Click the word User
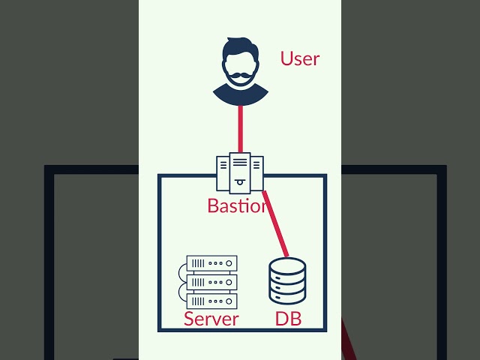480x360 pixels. pos(300,58)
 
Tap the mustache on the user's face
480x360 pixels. pos(240,75)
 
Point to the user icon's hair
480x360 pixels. pos(240,49)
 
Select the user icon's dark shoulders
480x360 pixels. pos(240,95)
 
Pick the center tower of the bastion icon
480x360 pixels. pos(240,171)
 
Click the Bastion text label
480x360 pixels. pos(237,205)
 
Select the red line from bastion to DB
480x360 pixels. pos(276,225)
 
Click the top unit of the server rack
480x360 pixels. pos(211,263)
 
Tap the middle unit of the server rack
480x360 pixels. pos(211,282)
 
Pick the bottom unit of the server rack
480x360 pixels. pos(211,301)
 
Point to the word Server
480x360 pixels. pos(211,319)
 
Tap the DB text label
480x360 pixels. pos(288,319)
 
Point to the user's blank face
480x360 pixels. pos(240,66)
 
